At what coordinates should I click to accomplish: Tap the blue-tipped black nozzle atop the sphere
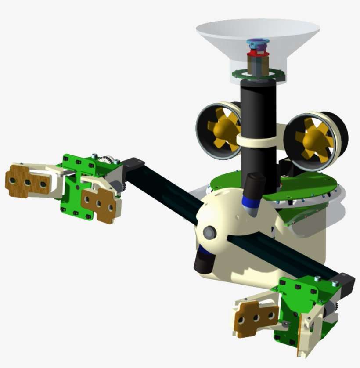[x=255, y=193]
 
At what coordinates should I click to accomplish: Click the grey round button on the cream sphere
[x=209, y=232]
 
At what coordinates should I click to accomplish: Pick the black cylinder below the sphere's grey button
[x=202, y=261]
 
